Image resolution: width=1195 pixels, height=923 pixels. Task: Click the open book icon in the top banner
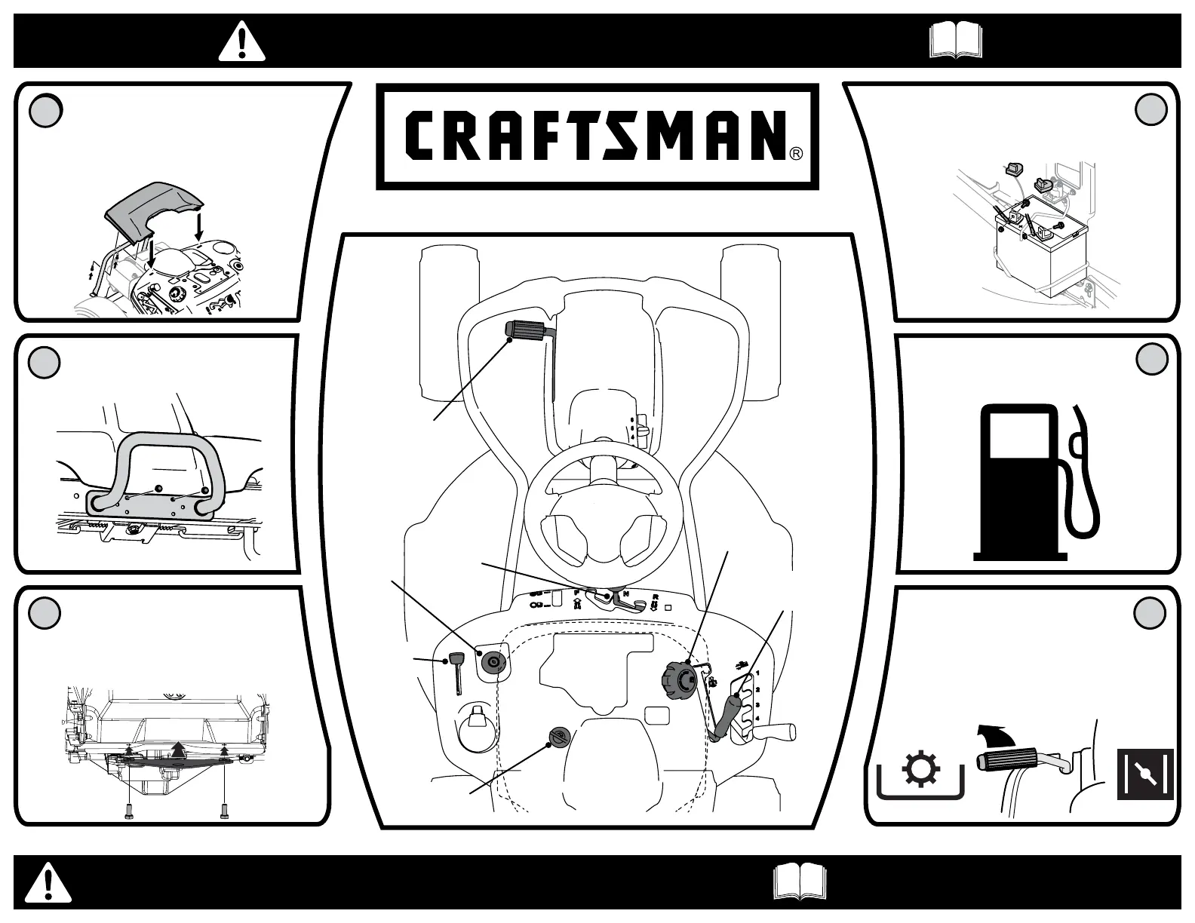coord(956,40)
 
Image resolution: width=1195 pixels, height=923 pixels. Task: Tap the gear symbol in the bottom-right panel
coord(921,772)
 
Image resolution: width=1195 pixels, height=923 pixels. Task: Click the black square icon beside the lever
coord(1144,774)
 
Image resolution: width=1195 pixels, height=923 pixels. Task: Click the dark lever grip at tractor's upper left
coord(529,330)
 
